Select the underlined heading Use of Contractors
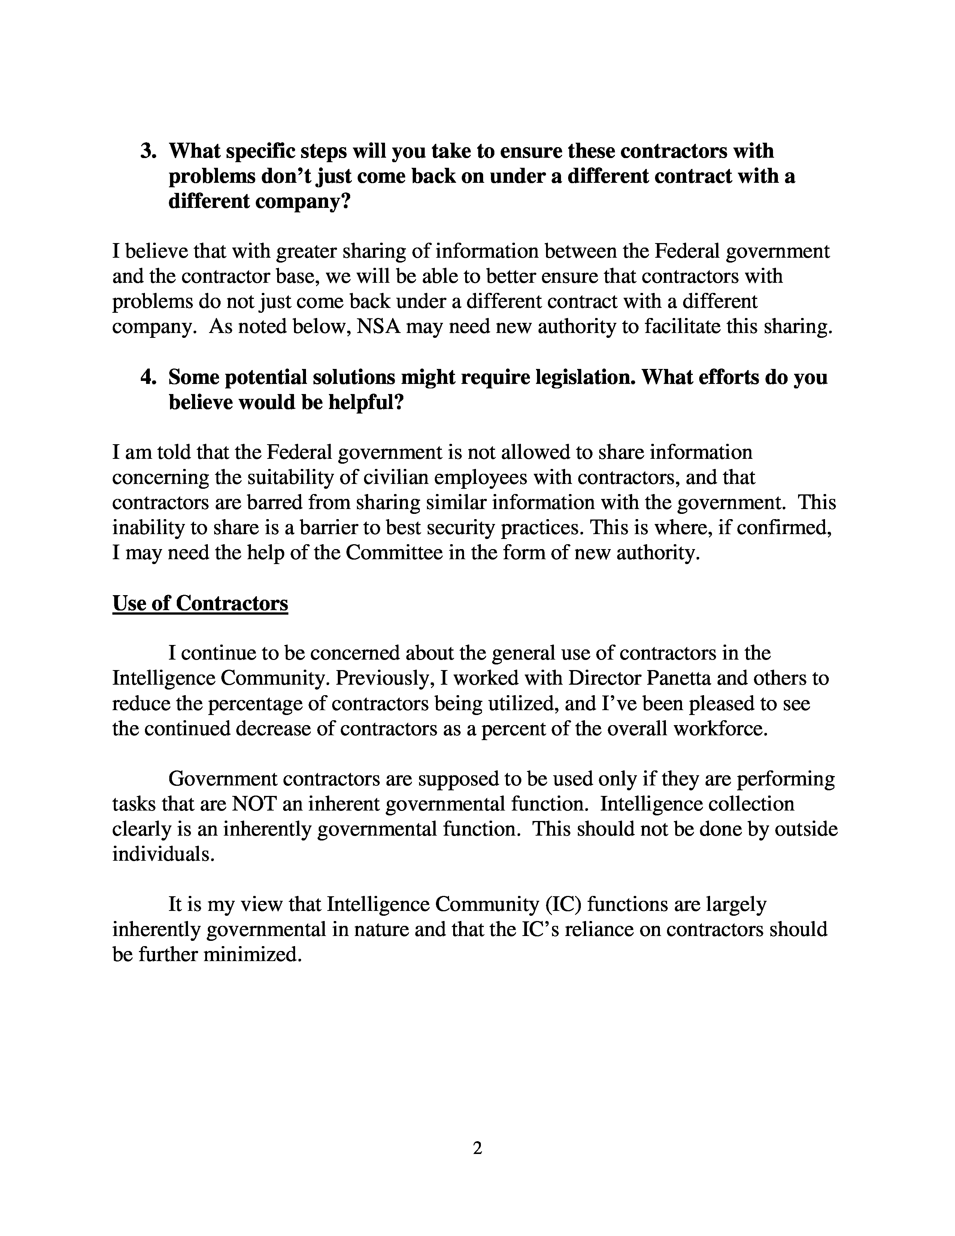(x=200, y=603)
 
